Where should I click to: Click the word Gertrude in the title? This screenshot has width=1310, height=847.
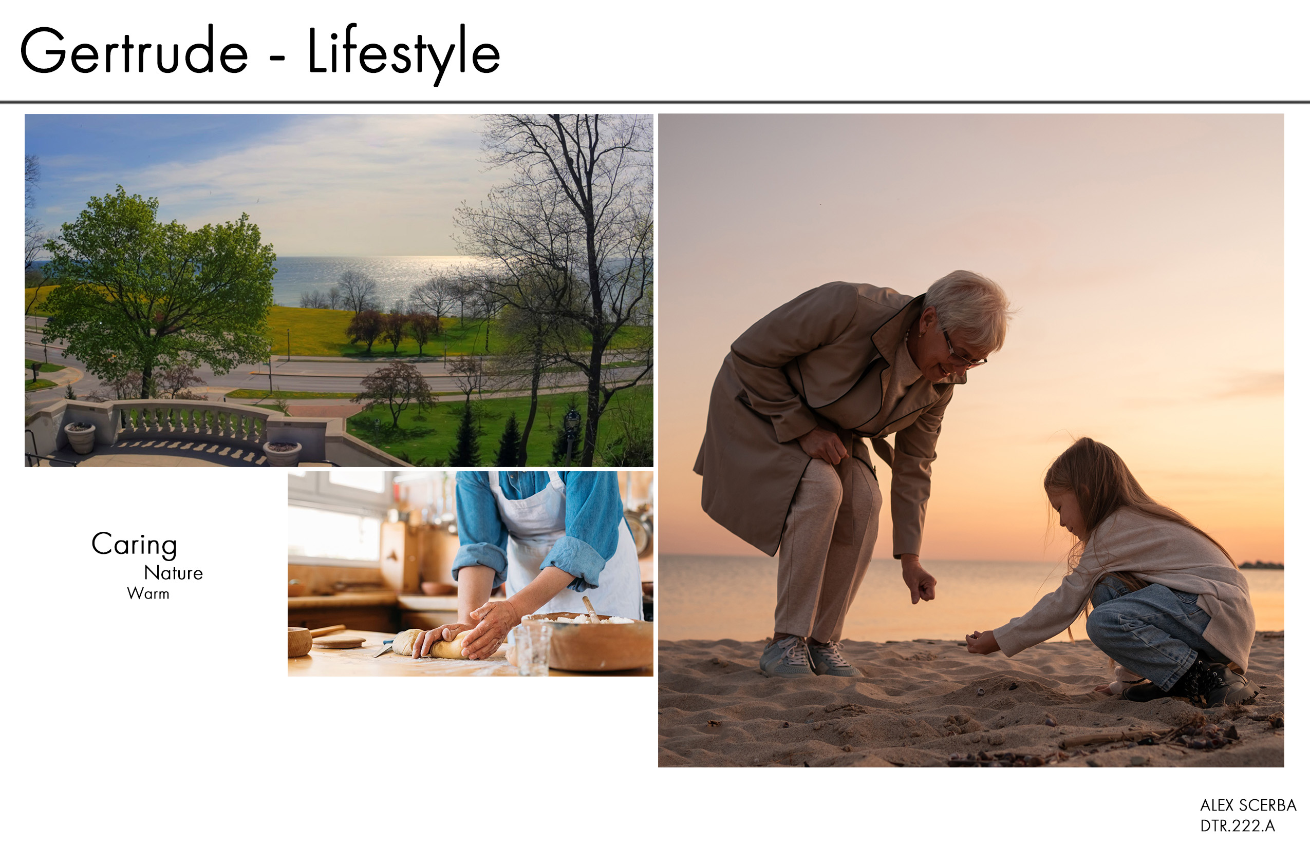coord(134,51)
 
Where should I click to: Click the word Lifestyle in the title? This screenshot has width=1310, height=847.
coord(403,54)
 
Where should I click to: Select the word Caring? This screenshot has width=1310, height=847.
coord(134,545)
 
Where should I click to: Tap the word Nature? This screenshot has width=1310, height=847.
coord(174,573)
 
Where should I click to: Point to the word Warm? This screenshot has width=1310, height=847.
coord(148,594)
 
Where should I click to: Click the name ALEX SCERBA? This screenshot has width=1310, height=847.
coord(1248,805)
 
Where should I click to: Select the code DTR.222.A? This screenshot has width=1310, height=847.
coord(1238,825)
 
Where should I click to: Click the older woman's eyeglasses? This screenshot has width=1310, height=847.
coord(964,352)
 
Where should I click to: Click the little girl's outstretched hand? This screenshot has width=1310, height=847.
coord(981,642)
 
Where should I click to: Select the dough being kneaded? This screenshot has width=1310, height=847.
coord(432,644)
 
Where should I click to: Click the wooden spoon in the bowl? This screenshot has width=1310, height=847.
coord(591,609)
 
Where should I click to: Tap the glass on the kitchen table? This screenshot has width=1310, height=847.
coord(533,649)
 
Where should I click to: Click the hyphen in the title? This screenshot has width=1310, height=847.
coord(277,57)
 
